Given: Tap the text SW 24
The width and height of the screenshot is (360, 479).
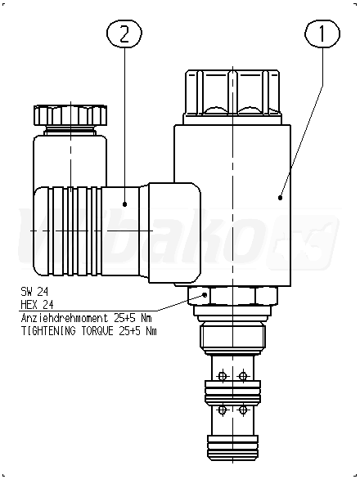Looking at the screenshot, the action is tap(34, 292).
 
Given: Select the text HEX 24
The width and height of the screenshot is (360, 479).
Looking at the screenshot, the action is tap(37, 305).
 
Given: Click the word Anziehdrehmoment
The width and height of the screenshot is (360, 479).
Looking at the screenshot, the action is tap(65, 318).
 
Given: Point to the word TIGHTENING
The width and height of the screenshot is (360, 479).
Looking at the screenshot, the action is tap(48, 331).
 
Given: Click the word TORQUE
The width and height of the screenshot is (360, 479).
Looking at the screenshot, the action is tap(97, 331).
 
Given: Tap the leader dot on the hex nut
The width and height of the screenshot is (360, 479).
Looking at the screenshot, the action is tap(205, 295).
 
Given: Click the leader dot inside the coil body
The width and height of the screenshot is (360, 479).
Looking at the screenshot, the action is tap(280, 198).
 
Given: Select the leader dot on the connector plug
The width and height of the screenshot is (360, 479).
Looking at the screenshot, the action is tap(124, 204).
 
